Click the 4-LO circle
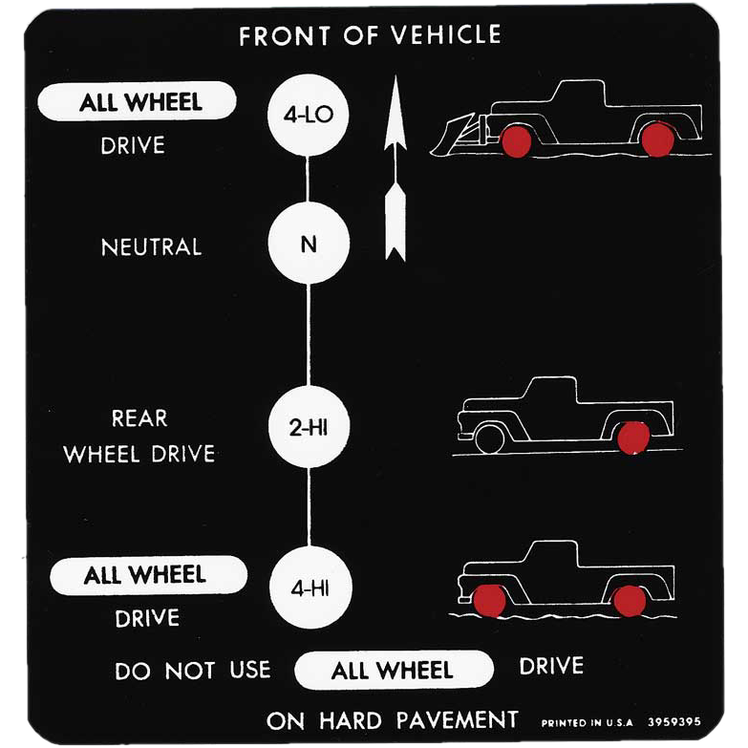point(309,115)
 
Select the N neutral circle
point(309,243)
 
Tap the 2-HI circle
point(310,426)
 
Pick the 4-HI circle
point(310,588)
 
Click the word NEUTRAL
point(151,247)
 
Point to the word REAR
point(139,417)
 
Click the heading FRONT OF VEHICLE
point(370,35)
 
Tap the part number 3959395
point(674,721)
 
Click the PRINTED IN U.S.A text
point(587,723)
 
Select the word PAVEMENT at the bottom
point(457,720)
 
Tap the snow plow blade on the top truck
point(452,135)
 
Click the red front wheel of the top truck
point(517,141)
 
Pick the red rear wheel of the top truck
point(658,139)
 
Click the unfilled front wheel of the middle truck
point(489,438)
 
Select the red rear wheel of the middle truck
point(633,438)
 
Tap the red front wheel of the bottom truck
point(489,601)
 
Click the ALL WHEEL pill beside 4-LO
point(137,101)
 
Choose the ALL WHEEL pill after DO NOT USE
point(394,670)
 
